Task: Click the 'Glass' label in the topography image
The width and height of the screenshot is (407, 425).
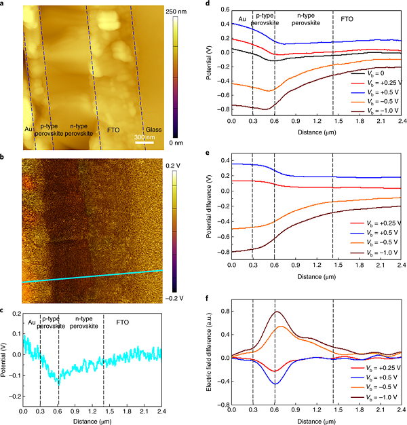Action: coord(153,130)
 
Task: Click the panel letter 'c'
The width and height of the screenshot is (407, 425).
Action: coord(3,311)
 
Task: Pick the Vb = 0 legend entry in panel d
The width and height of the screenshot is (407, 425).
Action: coord(376,71)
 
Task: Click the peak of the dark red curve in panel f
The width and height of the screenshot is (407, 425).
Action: coord(275,312)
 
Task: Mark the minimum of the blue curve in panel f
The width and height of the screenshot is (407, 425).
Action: coord(275,384)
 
